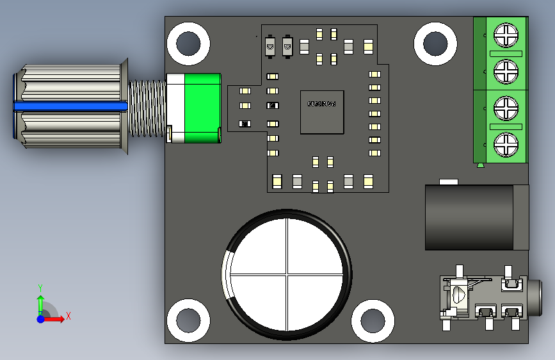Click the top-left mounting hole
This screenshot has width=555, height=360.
[x=188, y=44]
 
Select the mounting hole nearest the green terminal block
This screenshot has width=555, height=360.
[x=435, y=44]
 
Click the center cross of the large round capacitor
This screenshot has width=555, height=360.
[x=287, y=275]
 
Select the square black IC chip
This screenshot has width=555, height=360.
[x=322, y=111]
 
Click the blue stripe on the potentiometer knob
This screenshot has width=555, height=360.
[x=70, y=107]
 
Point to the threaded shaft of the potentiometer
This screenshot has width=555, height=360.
[x=147, y=108]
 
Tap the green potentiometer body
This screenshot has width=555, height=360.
[x=202, y=108]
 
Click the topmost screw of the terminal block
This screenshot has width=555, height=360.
[x=506, y=35]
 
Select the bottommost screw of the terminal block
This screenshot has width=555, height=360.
[x=506, y=145]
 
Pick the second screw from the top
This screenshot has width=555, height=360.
[x=506, y=70]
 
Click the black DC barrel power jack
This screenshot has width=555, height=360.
[x=477, y=217]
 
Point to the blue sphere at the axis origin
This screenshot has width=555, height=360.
[x=40, y=318]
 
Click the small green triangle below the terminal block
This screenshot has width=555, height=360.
[x=480, y=166]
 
